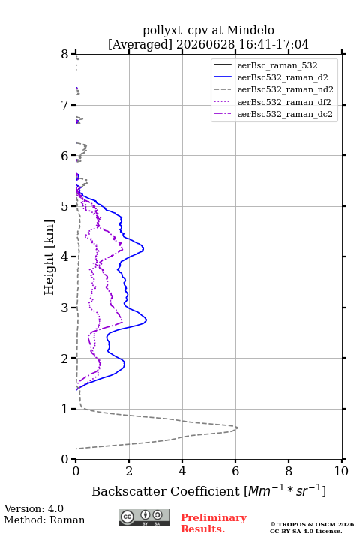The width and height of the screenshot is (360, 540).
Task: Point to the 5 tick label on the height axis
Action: pos(65,207)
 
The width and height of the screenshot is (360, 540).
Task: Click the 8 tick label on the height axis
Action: pos(65,55)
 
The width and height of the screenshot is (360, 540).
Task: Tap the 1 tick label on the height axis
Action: pos(65,409)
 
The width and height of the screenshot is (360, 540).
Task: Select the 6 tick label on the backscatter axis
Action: pos(235,471)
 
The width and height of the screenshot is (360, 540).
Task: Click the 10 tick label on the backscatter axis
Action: pos(341,471)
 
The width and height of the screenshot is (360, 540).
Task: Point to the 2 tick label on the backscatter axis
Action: pos(129,471)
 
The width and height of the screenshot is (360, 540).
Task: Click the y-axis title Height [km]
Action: pos(49,257)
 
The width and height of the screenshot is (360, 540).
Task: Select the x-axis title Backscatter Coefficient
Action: pos(166,491)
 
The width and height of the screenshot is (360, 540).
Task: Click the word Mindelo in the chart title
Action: pos(250,30)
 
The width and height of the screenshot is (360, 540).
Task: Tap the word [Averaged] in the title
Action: pos(140,44)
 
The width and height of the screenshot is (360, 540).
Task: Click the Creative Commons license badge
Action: pos(144,517)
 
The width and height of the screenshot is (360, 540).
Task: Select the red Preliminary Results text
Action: pos(214,523)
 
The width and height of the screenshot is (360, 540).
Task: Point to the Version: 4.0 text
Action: pos(34,509)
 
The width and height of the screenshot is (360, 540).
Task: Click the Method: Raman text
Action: pos(44,520)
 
